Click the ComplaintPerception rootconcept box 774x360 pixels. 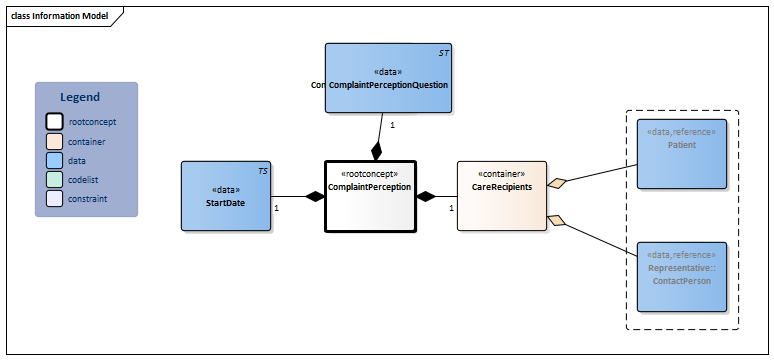tap(370, 196)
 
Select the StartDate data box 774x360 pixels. tap(225, 196)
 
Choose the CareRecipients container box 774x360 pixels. tap(502, 196)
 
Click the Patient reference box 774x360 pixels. tap(682, 153)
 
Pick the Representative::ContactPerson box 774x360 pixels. tap(682, 276)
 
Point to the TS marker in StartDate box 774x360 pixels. tap(262, 171)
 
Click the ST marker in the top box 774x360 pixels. tap(443, 52)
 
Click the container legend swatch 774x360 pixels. tap(55, 142)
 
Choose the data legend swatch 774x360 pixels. tap(55, 161)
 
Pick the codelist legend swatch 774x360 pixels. tap(55, 180)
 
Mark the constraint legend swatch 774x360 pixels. tap(55, 199)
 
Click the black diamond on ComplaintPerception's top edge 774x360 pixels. tap(376, 152)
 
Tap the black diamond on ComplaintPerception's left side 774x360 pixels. tap(316, 197)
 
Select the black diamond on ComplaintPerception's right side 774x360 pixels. tap(426, 197)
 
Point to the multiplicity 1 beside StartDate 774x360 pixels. tap(276, 208)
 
